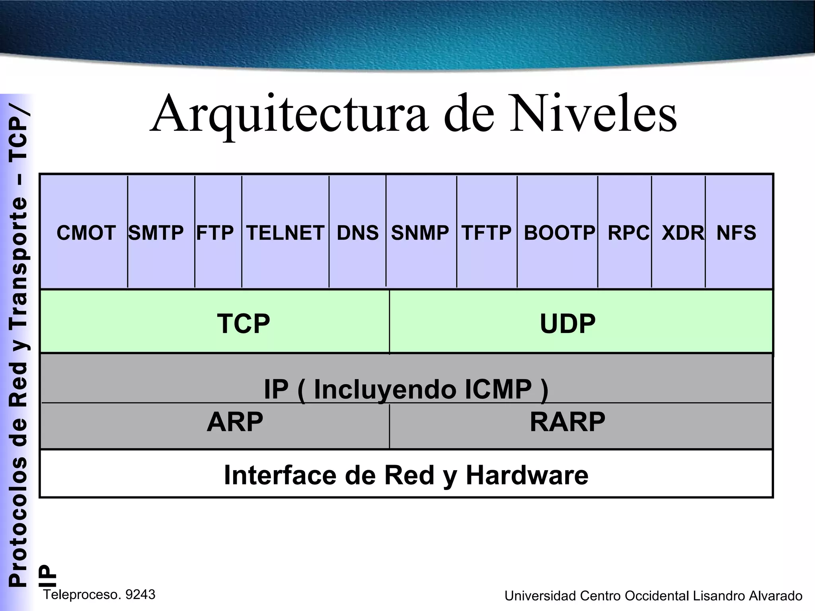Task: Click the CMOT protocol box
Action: point(86,233)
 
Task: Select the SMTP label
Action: point(156,233)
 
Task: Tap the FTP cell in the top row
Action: point(215,233)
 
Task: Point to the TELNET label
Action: point(285,233)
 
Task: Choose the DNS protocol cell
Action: point(358,233)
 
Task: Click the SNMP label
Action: point(420,233)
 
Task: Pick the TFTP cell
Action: point(486,233)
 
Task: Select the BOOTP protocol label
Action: point(559,233)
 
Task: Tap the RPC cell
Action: point(628,233)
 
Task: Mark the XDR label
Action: point(682,233)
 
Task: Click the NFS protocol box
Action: point(736,233)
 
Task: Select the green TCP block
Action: point(244,323)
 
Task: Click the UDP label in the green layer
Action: point(567,323)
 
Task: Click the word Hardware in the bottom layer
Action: point(526,475)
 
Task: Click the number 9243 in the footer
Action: point(140,595)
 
